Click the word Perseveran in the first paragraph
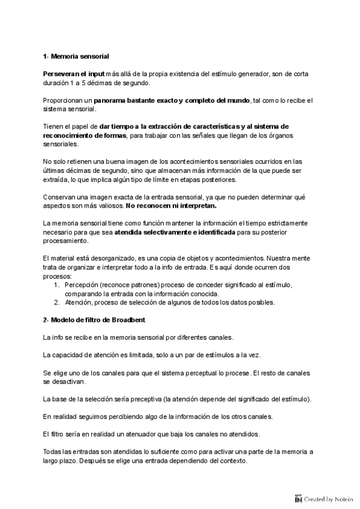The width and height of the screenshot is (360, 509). (62, 73)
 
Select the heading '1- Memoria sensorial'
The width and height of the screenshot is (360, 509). (76, 56)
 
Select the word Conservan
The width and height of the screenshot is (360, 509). (61, 197)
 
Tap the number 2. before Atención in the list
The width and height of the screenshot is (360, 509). (56, 303)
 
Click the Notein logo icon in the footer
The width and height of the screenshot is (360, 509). (298, 498)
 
